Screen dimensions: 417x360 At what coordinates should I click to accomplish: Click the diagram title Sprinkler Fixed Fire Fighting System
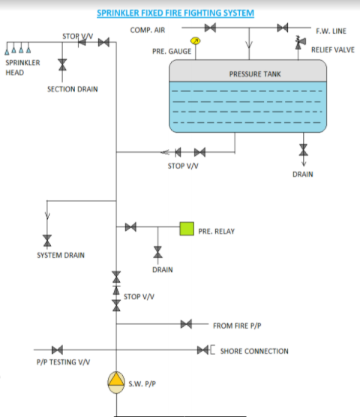click(x=175, y=13)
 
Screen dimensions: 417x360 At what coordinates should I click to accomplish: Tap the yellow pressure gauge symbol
click(x=196, y=41)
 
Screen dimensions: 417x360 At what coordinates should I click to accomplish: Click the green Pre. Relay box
click(x=185, y=226)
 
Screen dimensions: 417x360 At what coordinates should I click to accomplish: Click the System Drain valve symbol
click(x=46, y=239)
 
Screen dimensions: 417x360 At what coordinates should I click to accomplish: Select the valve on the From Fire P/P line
click(x=186, y=325)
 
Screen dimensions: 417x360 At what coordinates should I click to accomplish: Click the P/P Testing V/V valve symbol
click(x=56, y=350)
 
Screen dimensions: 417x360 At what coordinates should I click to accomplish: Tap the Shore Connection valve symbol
click(x=203, y=350)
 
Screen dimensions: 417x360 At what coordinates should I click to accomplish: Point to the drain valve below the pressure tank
click(x=303, y=150)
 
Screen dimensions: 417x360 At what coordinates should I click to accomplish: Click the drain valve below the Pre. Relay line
click(x=157, y=251)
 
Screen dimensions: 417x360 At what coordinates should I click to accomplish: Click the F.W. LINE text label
click(x=331, y=31)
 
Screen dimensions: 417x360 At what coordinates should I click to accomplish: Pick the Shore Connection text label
click(x=253, y=351)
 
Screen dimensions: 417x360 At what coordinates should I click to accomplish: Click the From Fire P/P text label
click(x=237, y=325)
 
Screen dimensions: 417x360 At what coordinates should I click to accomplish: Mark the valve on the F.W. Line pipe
click(x=283, y=28)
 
